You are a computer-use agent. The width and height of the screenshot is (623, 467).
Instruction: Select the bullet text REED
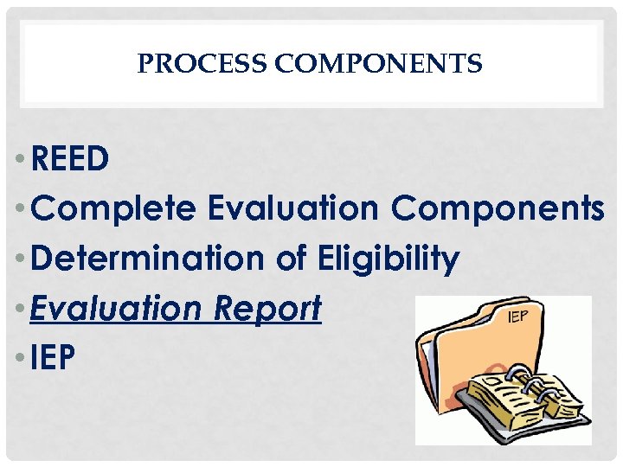pos(69,158)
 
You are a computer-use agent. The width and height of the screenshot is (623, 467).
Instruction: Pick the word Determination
pos(138,258)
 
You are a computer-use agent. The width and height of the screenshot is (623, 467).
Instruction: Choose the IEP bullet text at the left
pos(53,357)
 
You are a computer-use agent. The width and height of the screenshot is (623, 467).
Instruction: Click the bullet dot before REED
pos(19,160)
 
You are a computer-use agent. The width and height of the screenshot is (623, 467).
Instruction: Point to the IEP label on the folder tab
pos(517,317)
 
